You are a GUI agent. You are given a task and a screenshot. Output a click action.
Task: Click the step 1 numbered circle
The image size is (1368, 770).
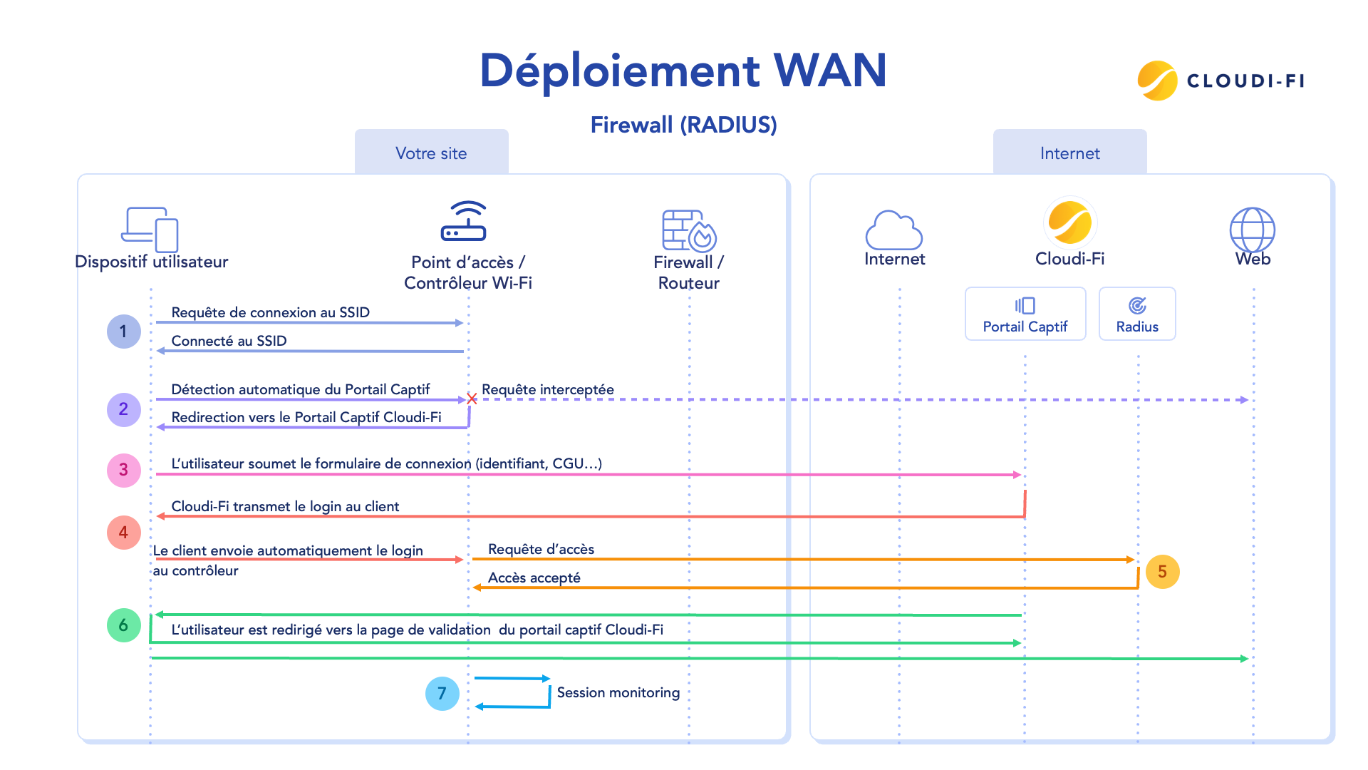coord(123,332)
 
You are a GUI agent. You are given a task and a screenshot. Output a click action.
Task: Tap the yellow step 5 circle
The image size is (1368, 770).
coord(1162,572)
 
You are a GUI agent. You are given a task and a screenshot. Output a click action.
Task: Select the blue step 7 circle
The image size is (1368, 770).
coord(442,694)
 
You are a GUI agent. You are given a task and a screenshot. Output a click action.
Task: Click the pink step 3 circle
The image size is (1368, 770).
coord(123,470)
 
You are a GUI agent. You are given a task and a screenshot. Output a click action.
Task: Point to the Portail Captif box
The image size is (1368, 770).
coord(1025,314)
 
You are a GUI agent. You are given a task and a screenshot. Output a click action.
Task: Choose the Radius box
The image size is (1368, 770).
coord(1137,314)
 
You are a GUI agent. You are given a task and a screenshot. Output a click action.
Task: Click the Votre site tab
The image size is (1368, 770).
coord(431,153)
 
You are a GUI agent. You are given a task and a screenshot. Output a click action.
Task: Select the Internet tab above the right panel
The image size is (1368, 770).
coord(1069,153)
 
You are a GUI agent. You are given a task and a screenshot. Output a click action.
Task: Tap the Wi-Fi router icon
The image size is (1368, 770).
coord(464,222)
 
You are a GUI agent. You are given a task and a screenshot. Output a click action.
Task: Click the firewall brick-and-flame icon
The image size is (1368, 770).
coord(688,230)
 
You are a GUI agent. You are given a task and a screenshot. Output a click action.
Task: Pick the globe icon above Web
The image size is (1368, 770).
coord(1252,230)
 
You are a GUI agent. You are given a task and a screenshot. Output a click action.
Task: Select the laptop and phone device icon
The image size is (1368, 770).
coord(150,229)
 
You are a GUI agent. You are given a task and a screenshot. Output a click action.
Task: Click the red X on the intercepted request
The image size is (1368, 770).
coord(472,399)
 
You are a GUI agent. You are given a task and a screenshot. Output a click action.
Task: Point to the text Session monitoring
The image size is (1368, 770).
coord(618,692)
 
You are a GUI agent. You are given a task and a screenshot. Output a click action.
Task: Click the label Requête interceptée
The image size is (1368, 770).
coord(547,389)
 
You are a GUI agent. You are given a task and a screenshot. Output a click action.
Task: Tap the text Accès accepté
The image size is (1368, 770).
coord(534,577)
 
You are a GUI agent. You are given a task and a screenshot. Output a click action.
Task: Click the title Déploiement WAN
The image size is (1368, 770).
coord(683,71)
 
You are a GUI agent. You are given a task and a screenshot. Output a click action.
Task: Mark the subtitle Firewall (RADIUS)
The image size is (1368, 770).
coord(683,125)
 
